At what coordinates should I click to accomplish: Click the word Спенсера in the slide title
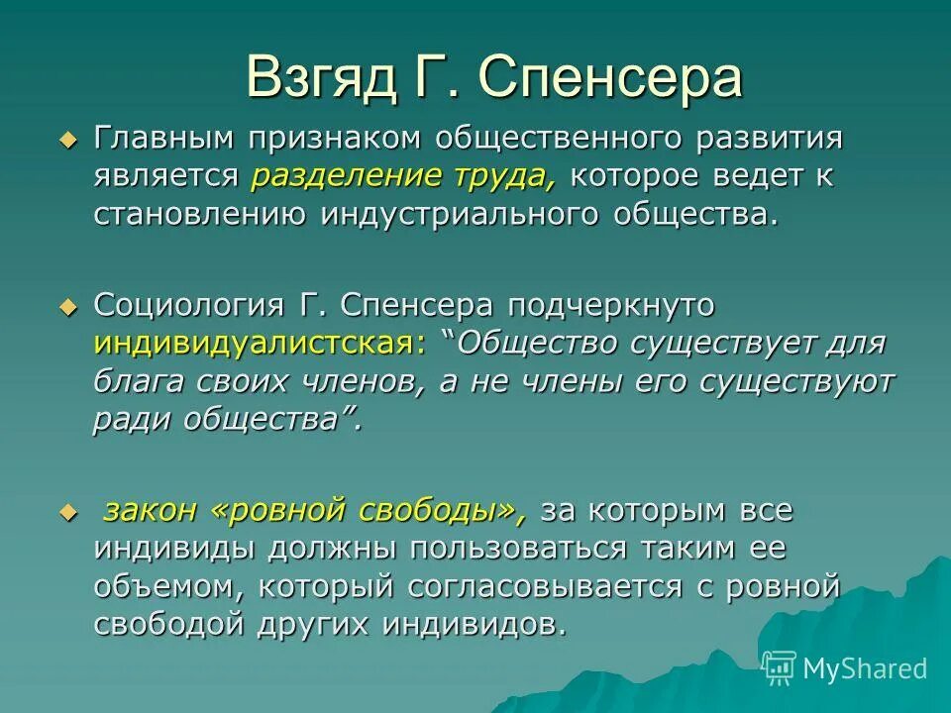pyautogui.click(x=612, y=79)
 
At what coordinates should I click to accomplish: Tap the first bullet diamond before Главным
pyautogui.click(x=67, y=142)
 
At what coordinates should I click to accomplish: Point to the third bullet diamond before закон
pyautogui.click(x=67, y=513)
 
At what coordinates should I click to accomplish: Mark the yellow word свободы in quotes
pyautogui.click(x=444, y=511)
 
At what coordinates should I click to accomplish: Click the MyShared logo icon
pyautogui.click(x=780, y=668)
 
